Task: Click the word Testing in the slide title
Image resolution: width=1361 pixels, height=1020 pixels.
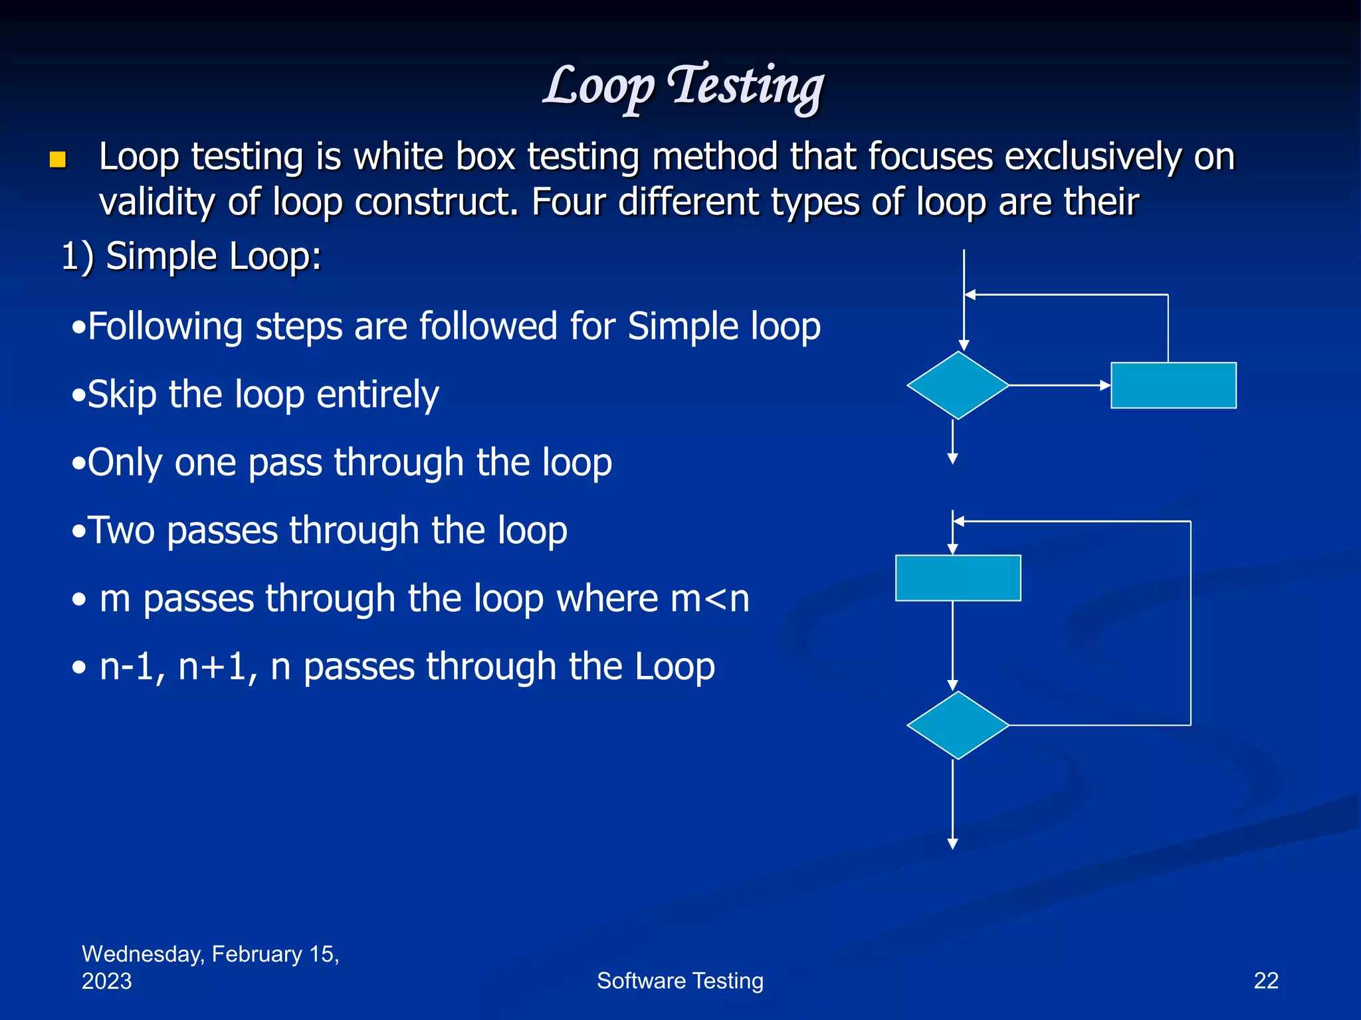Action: pos(746,86)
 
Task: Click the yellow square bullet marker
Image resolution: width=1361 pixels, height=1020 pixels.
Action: pos(58,159)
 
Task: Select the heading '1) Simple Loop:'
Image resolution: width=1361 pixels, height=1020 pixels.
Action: pos(191,256)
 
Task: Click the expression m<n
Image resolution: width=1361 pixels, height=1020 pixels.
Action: pos(710,599)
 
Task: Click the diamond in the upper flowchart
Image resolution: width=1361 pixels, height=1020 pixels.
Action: pos(958,385)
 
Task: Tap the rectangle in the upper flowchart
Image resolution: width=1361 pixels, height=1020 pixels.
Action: pos(1173,385)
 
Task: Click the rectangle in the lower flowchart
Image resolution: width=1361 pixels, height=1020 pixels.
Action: pos(958,578)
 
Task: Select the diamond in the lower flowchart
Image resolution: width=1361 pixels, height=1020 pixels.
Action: pos(958,725)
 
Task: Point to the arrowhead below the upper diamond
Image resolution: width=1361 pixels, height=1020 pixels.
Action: pos(952,459)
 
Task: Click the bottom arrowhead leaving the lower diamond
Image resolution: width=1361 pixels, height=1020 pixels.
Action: pos(952,844)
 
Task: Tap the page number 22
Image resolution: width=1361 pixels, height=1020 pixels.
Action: pos(1265,981)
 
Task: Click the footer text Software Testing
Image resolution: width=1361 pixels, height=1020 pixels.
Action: pos(680,981)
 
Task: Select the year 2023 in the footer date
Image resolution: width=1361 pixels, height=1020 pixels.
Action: pos(106,981)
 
